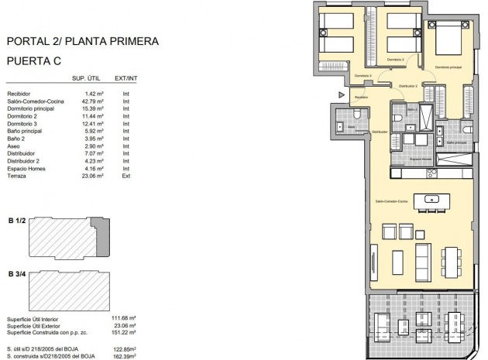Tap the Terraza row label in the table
click(x=18, y=176)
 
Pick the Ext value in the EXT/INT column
click(x=125, y=176)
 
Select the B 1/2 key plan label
click(x=16, y=221)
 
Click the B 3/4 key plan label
click(x=16, y=273)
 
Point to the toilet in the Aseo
click(x=342, y=126)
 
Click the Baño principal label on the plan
click(x=456, y=142)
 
